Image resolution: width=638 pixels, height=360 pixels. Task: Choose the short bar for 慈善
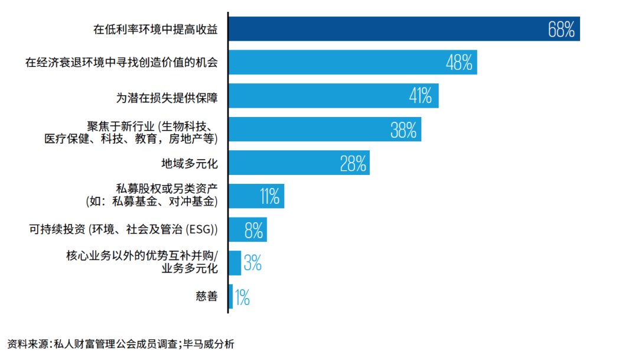[230, 297]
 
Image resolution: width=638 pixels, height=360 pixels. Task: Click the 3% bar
[235, 263]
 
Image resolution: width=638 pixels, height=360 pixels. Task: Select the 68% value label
[561, 30]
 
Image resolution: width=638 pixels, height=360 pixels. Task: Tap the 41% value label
[421, 96]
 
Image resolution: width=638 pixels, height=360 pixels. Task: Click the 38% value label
[403, 129]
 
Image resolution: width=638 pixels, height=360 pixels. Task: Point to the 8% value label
[253, 230]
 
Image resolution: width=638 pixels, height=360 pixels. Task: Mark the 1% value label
[242, 297]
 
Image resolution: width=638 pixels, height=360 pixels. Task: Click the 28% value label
[353, 163]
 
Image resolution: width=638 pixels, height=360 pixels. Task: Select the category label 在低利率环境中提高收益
[155, 29]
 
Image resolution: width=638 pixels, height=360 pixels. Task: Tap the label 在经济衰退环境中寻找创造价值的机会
[121, 62]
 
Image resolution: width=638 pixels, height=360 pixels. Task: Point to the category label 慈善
[206, 297]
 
